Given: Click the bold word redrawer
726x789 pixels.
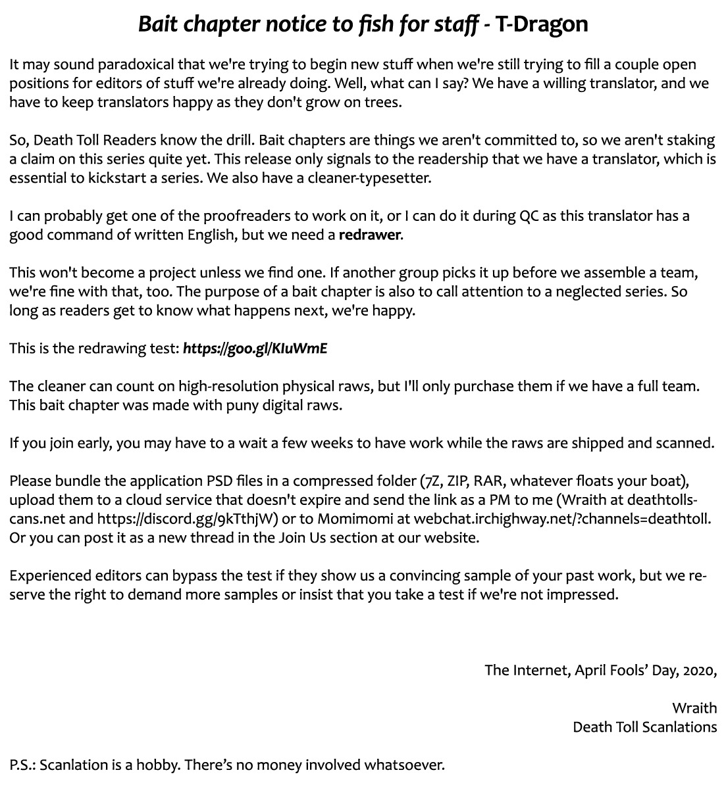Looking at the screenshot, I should pyautogui.click(x=369, y=235).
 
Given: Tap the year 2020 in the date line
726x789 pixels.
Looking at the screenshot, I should pyautogui.click(x=699, y=670).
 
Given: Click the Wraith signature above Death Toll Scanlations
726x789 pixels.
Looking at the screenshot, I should pyautogui.click(x=694, y=708).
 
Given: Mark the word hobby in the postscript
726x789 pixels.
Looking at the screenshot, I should pyautogui.click(x=155, y=765).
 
